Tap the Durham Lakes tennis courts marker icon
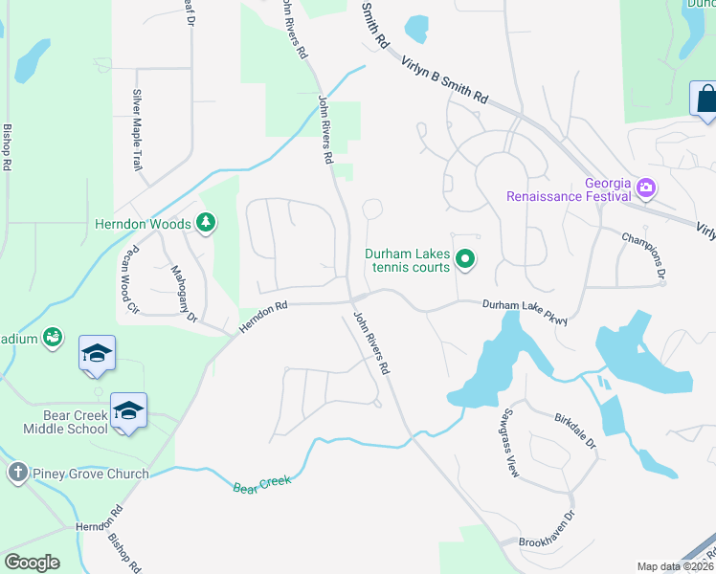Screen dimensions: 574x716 (465, 258)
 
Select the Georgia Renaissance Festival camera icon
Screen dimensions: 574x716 (646, 188)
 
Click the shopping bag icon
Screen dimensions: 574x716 (705, 99)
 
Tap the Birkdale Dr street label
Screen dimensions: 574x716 (575, 430)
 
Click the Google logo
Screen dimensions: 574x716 (33, 563)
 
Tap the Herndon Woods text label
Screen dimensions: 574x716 (143, 224)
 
